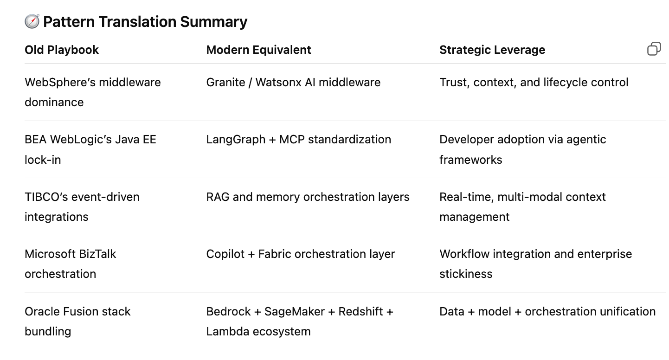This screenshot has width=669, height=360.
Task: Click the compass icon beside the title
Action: click(x=32, y=21)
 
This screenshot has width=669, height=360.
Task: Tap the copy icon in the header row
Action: click(x=654, y=49)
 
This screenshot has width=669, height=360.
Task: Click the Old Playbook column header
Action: click(x=62, y=50)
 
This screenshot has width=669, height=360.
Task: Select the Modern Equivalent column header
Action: click(x=258, y=50)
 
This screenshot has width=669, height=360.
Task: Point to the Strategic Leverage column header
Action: click(x=492, y=50)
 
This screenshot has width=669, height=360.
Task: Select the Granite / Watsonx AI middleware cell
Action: click(x=293, y=83)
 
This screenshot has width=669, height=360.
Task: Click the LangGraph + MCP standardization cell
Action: click(x=298, y=140)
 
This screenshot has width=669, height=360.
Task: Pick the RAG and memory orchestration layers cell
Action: click(x=308, y=197)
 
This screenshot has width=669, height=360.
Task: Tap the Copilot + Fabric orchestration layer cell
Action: click(x=300, y=254)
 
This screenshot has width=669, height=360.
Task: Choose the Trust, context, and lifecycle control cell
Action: click(x=534, y=83)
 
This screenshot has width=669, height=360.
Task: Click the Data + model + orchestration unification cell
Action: click(x=547, y=311)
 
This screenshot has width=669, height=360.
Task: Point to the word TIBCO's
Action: click(x=44, y=197)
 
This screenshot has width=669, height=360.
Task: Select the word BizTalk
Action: click(x=97, y=254)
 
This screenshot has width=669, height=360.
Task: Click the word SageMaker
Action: click(x=295, y=311)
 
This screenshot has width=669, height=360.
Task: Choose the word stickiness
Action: click(x=466, y=274)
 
